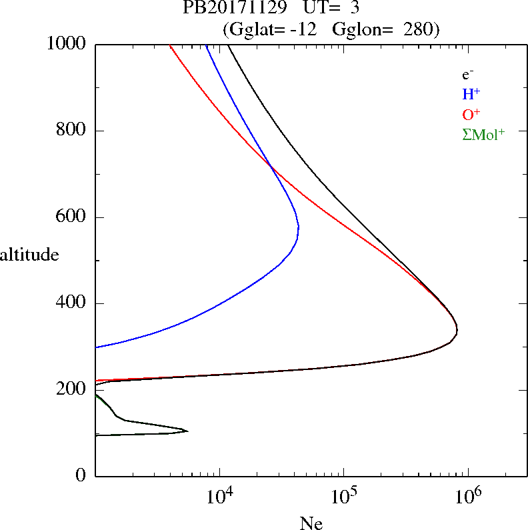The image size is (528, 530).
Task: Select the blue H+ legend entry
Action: coord(471,95)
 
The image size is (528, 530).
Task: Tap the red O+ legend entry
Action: coord(471,114)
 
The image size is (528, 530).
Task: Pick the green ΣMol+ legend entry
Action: coord(483,134)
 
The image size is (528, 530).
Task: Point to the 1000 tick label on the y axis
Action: coord(67,44)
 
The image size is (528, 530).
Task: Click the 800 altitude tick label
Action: coord(73,131)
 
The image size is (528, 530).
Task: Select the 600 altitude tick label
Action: coord(73,217)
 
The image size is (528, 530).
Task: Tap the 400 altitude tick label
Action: coord(73,303)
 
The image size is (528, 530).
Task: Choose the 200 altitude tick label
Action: coord(73,390)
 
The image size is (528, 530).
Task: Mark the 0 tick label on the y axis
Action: coord(81,476)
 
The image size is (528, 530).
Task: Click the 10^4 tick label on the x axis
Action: coord(219,495)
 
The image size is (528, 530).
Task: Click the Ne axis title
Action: coord(311,523)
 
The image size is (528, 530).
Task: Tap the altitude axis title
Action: coord(30,255)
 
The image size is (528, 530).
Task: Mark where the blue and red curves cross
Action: coord(271,166)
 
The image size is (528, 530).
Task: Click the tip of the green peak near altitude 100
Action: coord(187,431)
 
